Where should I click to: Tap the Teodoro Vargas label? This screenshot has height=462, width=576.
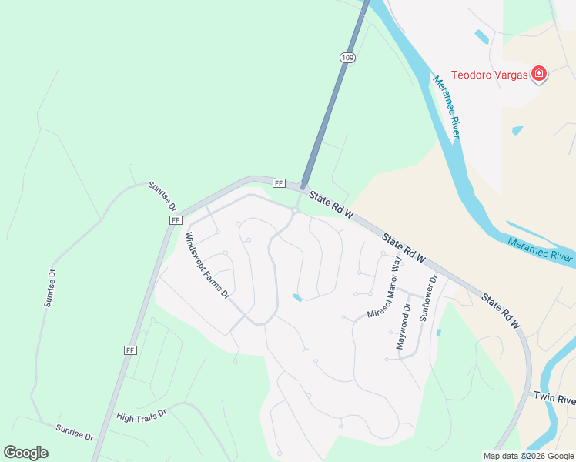pyautogui.click(x=489, y=74)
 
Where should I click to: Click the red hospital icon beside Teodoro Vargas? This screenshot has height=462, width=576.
pyautogui.click(x=539, y=74)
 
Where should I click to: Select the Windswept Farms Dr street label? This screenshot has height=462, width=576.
pyautogui.click(x=206, y=266)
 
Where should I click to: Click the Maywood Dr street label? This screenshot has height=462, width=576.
pyautogui.click(x=403, y=327)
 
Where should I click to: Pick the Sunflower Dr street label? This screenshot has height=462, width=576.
pyautogui.click(x=427, y=298)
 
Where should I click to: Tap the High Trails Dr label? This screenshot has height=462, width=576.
pyautogui.click(x=142, y=415)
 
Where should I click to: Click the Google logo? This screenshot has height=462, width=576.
pyautogui.click(x=25, y=453)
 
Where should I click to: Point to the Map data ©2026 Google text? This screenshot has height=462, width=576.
pyautogui.click(x=528, y=456)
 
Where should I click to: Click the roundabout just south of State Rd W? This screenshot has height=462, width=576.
pyautogui.click(x=295, y=209)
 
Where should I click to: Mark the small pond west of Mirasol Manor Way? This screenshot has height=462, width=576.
pyautogui.click(x=297, y=297)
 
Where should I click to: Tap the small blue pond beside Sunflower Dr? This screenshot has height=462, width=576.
pyautogui.click(x=438, y=333)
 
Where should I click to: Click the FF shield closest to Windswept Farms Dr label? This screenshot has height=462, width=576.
pyautogui.click(x=175, y=220)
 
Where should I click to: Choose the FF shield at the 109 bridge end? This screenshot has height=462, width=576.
pyautogui.click(x=279, y=183)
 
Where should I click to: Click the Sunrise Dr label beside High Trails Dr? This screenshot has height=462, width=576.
pyautogui.click(x=74, y=430)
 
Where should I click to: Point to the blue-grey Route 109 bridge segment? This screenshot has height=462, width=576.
pyautogui.click(x=332, y=100)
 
